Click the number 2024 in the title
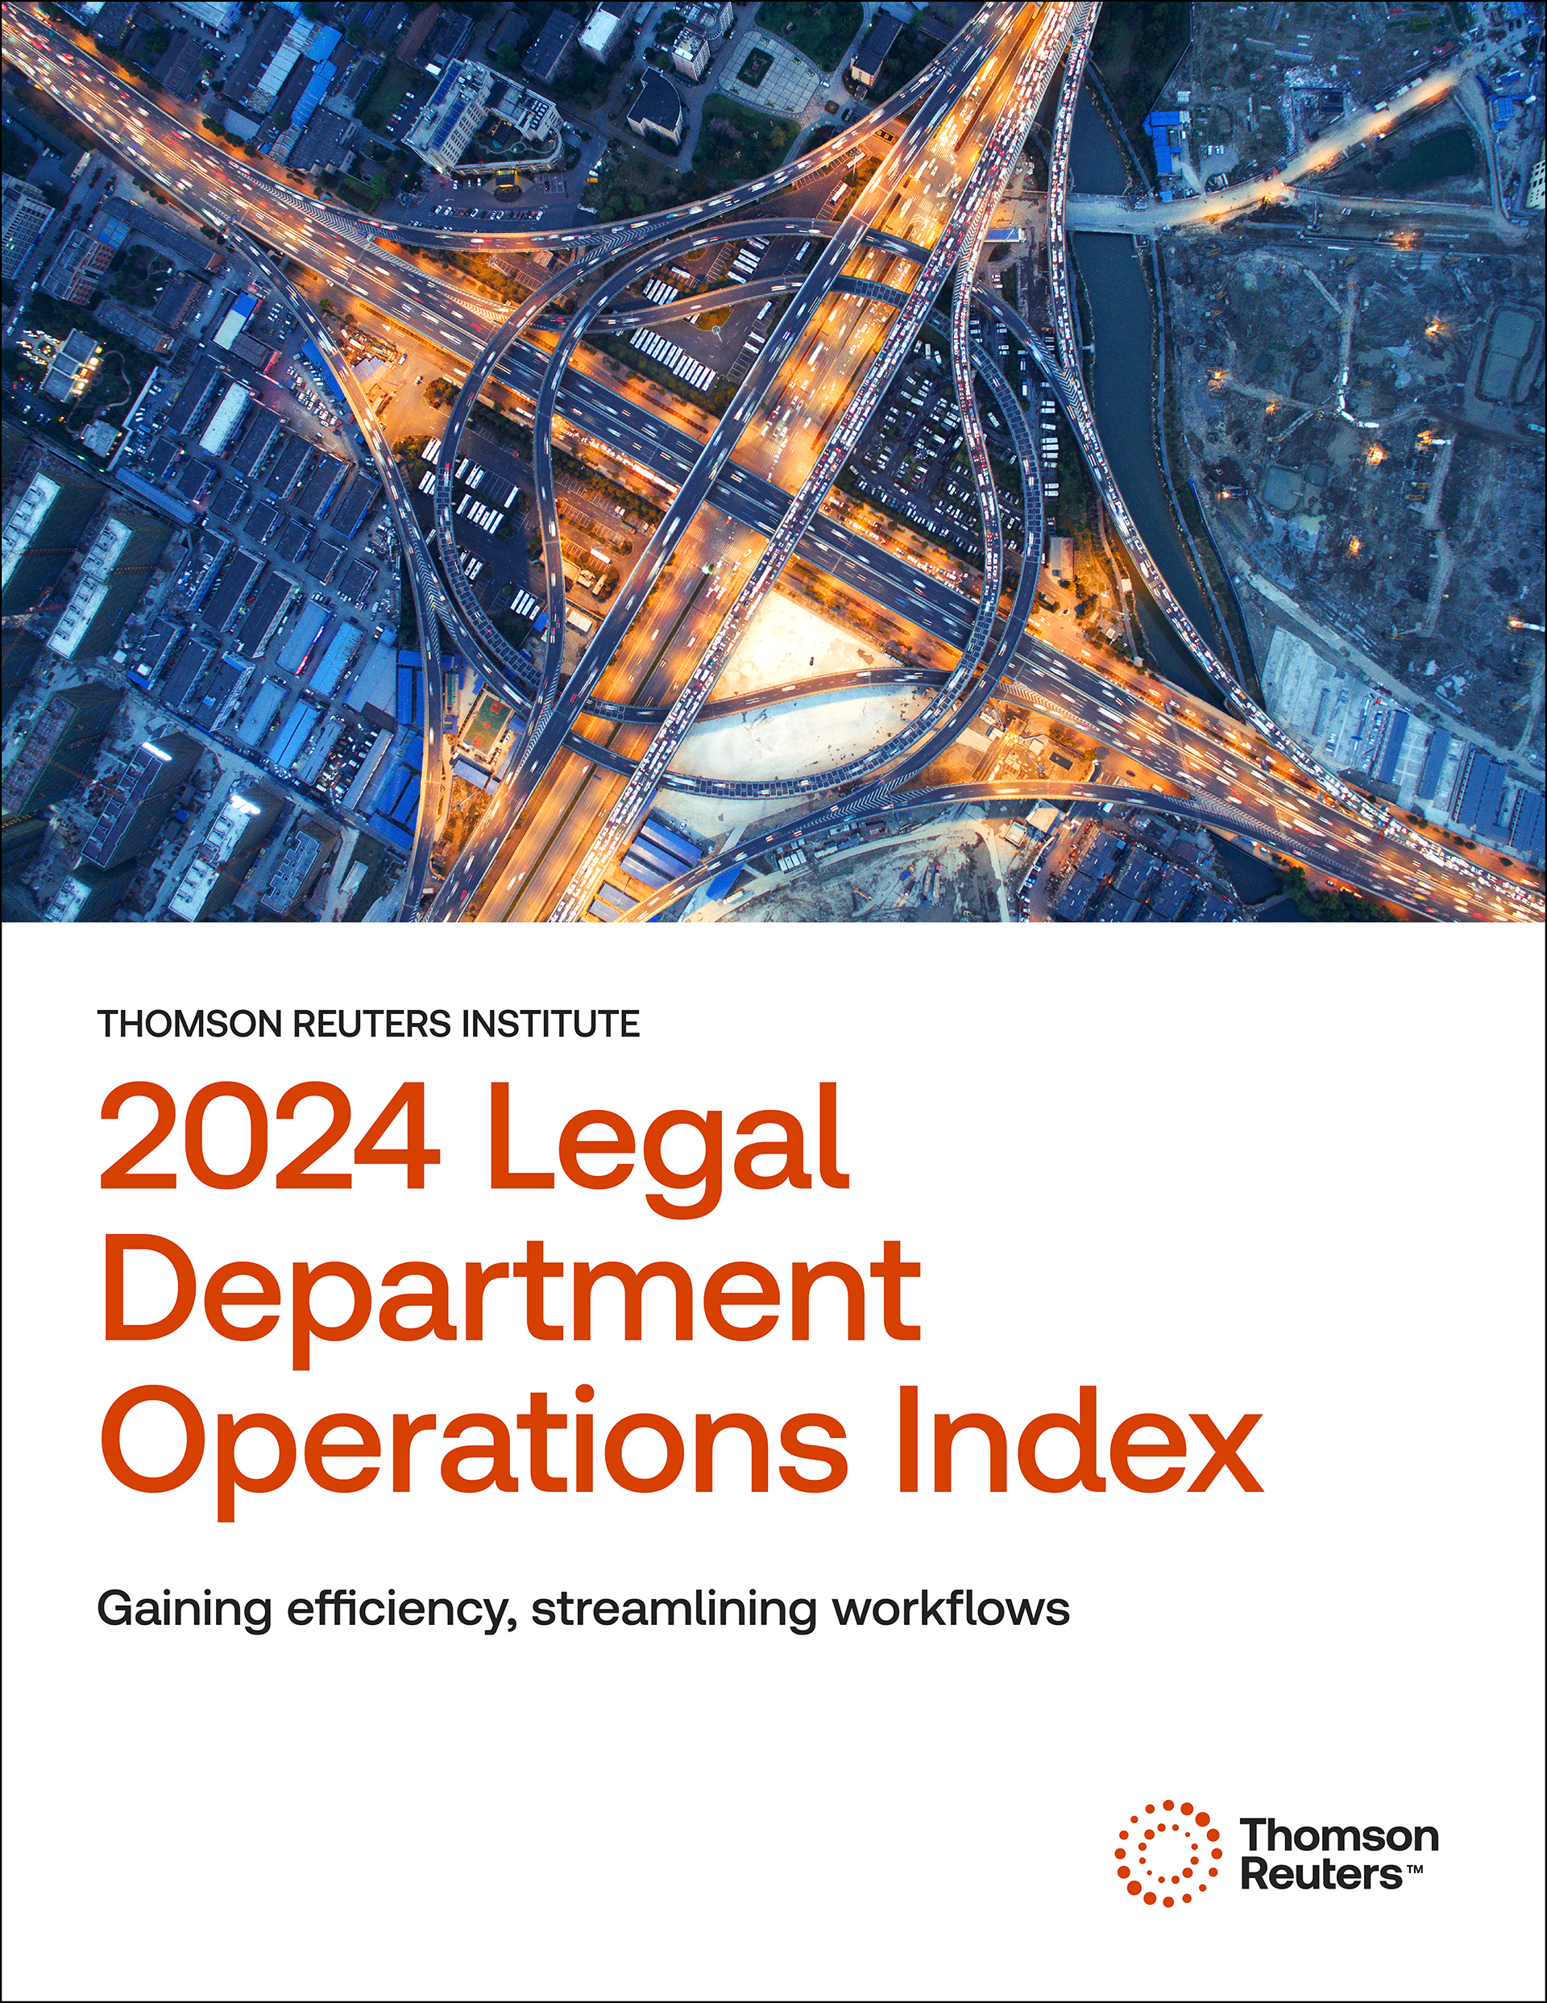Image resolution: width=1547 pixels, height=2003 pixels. tap(270, 1139)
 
